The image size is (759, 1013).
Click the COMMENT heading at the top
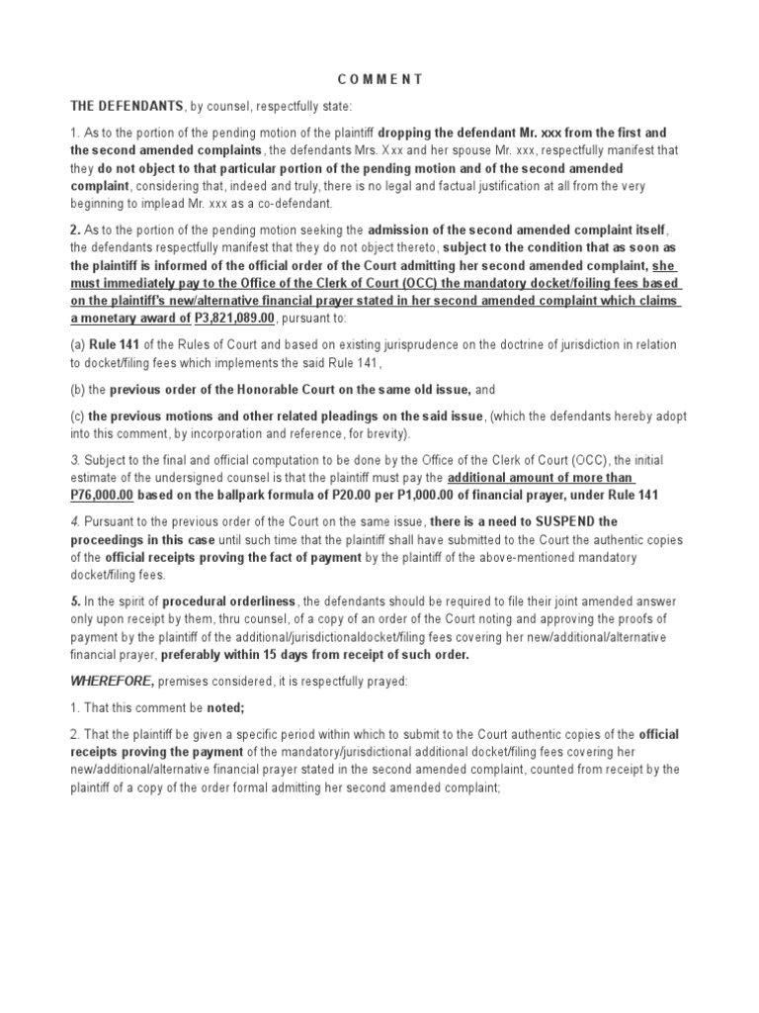(x=380, y=78)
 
